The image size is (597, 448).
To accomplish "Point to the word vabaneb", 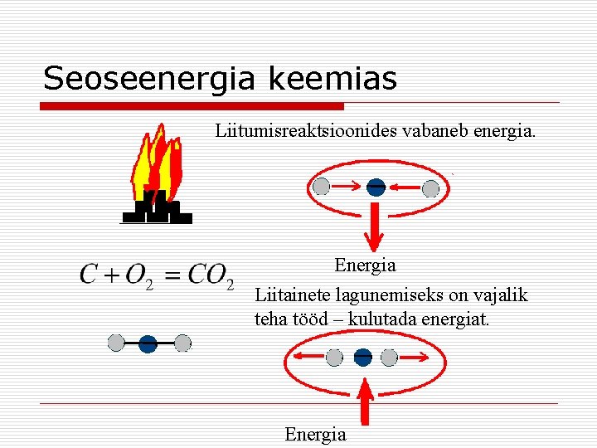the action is point(435,131).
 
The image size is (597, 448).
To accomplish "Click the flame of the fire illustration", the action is point(158,166).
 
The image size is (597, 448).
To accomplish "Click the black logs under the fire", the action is point(158,209).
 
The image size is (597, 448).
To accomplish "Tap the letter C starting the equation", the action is point(89,274).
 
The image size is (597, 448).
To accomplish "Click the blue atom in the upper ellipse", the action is point(376,187).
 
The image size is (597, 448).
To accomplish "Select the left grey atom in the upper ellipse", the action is point(323,187).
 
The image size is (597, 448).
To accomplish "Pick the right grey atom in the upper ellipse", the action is point(430,188).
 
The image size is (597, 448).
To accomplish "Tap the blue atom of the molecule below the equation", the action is point(148,343).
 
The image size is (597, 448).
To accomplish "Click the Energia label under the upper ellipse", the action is point(365,265).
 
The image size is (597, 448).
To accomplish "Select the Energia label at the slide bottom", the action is point(315,434).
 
